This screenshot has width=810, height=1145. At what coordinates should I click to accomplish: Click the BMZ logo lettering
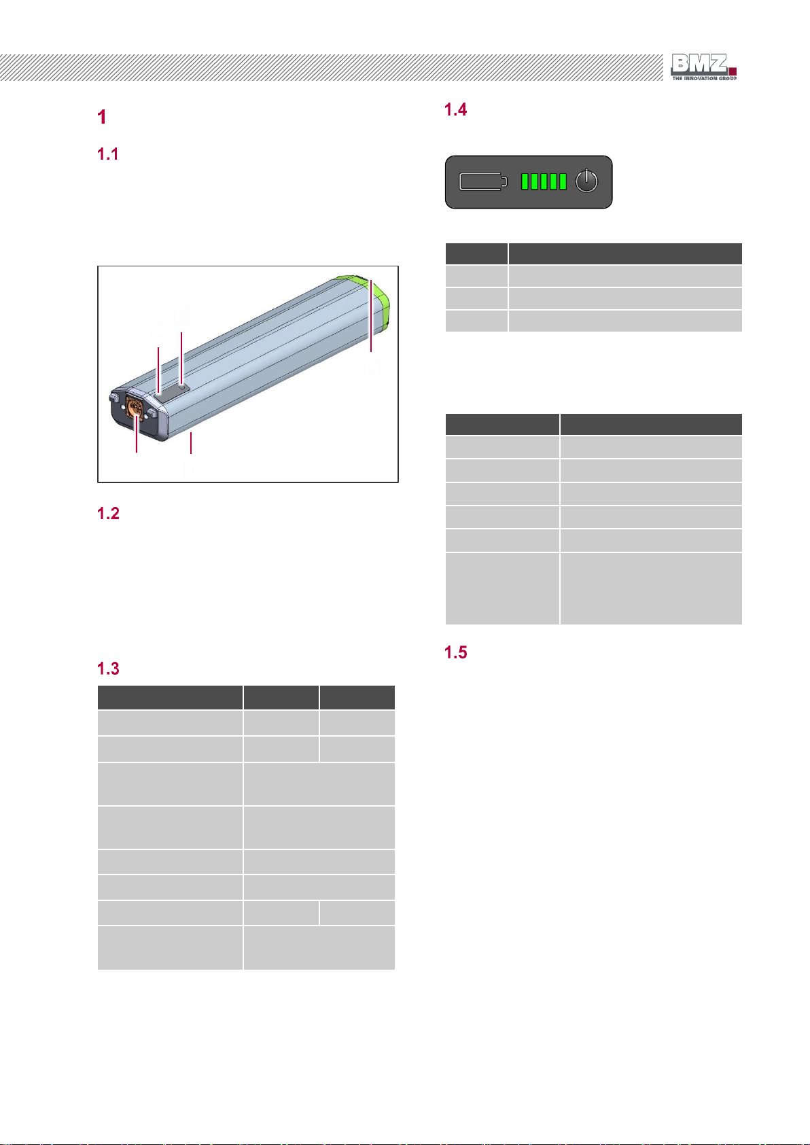(x=699, y=64)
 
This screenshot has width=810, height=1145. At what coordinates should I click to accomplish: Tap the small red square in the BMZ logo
(x=733, y=71)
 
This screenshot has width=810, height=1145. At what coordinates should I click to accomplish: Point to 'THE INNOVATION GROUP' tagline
(x=704, y=78)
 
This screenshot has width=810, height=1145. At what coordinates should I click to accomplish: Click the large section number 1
(x=102, y=117)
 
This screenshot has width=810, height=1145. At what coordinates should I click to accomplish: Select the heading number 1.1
(x=108, y=154)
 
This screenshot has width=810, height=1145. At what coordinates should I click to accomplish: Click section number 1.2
(x=108, y=513)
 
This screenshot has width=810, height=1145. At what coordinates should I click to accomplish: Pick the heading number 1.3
(x=108, y=669)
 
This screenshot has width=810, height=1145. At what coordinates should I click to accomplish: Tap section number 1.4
(x=455, y=109)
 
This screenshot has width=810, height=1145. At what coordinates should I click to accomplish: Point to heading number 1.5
(x=455, y=652)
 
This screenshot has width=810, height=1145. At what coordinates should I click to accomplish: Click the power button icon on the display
(x=586, y=181)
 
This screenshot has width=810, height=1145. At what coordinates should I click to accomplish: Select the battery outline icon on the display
(x=483, y=181)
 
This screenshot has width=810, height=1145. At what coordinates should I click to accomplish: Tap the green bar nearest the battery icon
(x=525, y=181)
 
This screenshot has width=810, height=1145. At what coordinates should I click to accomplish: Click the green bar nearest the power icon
(x=563, y=181)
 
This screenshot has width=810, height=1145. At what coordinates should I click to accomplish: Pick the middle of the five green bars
(x=544, y=181)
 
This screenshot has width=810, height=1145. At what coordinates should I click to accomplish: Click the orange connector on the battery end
(x=135, y=408)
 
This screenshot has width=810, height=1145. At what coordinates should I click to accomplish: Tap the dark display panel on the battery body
(x=172, y=391)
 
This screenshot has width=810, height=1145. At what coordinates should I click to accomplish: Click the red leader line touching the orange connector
(x=137, y=434)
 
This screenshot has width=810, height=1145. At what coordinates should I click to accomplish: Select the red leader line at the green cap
(x=371, y=316)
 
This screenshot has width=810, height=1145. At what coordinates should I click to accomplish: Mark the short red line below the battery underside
(x=191, y=442)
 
